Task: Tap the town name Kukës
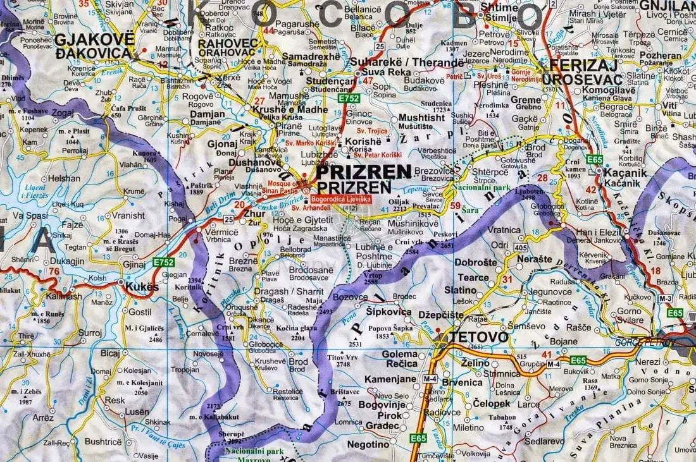[x=142, y=287]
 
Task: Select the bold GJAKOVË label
[x=94, y=39]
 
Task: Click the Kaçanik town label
[x=625, y=171]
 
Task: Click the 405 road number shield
[x=502, y=246]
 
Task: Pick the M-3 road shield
[x=664, y=298]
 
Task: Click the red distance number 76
[x=55, y=272]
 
